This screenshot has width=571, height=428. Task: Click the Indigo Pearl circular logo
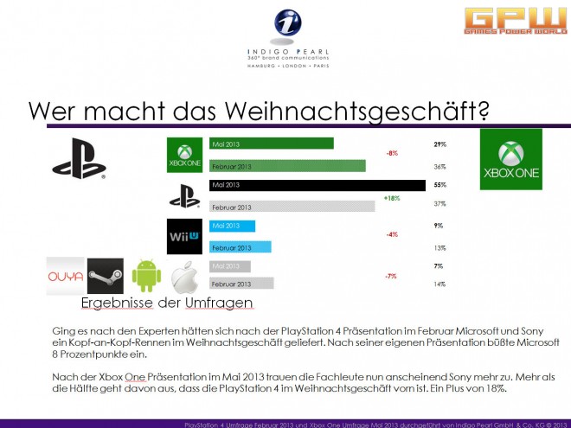pos(285,24)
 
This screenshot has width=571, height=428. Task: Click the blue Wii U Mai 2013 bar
pos(233,227)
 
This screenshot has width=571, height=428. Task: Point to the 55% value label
pos(439,185)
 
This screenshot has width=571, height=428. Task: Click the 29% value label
pos(439,143)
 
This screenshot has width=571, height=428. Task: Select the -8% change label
pos(392,154)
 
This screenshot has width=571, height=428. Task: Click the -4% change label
pos(392,235)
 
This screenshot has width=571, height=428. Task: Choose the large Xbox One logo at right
pos(511,159)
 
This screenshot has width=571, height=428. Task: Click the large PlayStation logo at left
pos(78,159)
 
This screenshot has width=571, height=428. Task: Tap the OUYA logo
pos(65,276)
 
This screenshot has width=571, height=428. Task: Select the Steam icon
pos(106,276)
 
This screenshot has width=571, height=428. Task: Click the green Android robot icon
pos(146,276)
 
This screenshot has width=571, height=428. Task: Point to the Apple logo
pos(185,277)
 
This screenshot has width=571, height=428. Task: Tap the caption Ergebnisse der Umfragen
pos(167,303)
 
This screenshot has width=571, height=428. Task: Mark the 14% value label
pos(439,284)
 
